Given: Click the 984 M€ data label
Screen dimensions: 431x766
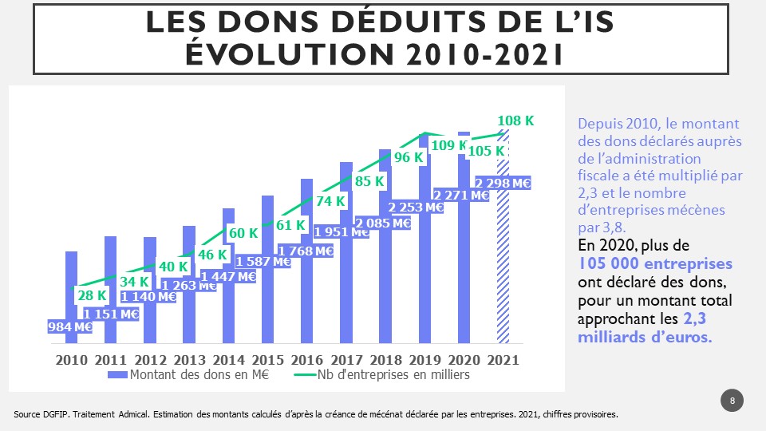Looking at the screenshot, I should [x=70, y=326].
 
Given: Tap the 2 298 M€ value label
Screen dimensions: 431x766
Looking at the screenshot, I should [x=503, y=183].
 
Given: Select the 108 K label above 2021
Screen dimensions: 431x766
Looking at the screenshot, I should [x=515, y=121].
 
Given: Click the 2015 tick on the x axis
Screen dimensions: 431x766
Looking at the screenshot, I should [x=268, y=359].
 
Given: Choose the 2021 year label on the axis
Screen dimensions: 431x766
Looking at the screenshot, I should [x=503, y=359].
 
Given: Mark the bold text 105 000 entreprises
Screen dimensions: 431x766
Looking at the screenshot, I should [x=655, y=263].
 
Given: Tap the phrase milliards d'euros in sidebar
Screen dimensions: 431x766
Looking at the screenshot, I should [x=644, y=337].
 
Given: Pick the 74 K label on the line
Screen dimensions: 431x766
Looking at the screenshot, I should [x=330, y=202].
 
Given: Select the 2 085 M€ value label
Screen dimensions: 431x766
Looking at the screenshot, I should [x=382, y=223].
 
